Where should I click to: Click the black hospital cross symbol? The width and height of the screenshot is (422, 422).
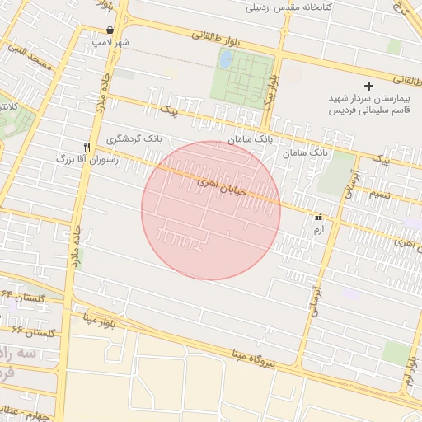[368, 86]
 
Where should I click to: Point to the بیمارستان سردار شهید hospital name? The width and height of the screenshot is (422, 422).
[368, 98]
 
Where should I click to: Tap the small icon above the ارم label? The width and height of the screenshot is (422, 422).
[319, 217]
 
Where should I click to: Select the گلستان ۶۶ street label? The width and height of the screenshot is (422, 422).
[34, 332]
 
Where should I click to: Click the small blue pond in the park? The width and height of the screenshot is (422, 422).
[225, 59]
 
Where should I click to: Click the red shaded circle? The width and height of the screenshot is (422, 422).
[211, 210]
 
